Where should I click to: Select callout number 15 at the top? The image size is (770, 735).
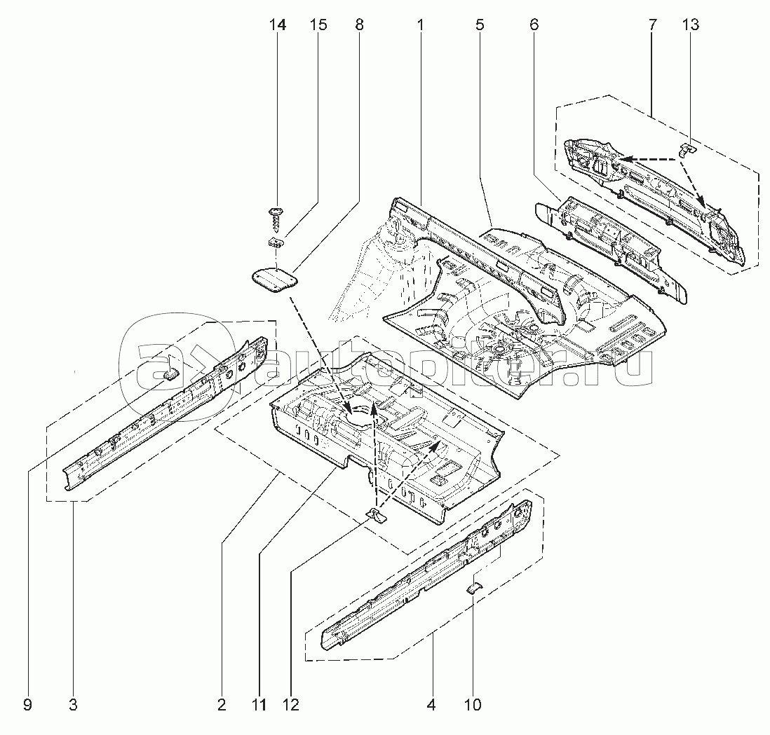318,26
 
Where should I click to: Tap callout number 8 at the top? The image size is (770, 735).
359,26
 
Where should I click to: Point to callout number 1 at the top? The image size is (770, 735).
420,26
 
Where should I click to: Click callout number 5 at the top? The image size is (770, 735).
480,26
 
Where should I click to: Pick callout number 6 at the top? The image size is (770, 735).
534,26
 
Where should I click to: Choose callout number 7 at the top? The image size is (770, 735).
652,26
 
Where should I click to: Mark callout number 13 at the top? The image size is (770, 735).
690,26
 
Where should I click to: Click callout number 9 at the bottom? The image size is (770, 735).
27,705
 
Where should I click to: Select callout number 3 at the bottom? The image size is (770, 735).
73,705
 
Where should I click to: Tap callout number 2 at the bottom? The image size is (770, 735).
222,705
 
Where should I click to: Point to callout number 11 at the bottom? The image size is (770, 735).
259,705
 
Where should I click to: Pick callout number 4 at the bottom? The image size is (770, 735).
431,705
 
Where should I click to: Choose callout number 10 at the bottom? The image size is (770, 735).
473,705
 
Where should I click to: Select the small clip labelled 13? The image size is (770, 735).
687,149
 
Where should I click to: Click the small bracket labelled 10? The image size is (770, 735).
474,586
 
